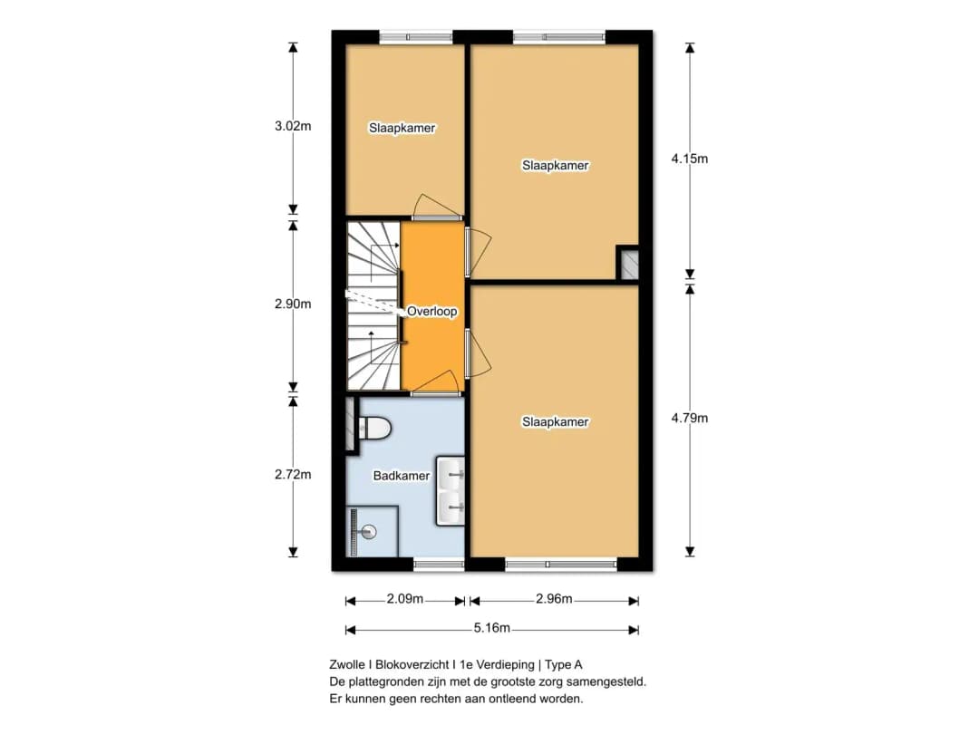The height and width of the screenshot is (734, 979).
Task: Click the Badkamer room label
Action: point(401,476)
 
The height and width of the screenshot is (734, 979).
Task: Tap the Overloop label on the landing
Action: point(431,311)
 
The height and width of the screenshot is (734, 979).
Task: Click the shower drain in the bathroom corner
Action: point(368,532)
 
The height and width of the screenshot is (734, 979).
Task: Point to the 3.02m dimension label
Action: point(293,127)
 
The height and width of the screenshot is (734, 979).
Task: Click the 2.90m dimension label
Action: point(293,304)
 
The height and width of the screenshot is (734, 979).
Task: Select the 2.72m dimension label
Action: point(293,475)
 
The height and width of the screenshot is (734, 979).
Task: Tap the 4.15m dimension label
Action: point(689,159)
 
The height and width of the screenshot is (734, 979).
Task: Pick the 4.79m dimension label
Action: point(689,418)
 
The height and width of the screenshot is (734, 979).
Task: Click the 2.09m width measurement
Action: point(404,600)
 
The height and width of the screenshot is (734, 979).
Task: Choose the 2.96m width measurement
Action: point(553,600)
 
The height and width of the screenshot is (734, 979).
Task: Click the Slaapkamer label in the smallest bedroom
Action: point(402,128)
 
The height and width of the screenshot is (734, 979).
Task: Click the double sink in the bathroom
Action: point(451,491)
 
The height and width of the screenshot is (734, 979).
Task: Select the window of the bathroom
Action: point(439,565)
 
